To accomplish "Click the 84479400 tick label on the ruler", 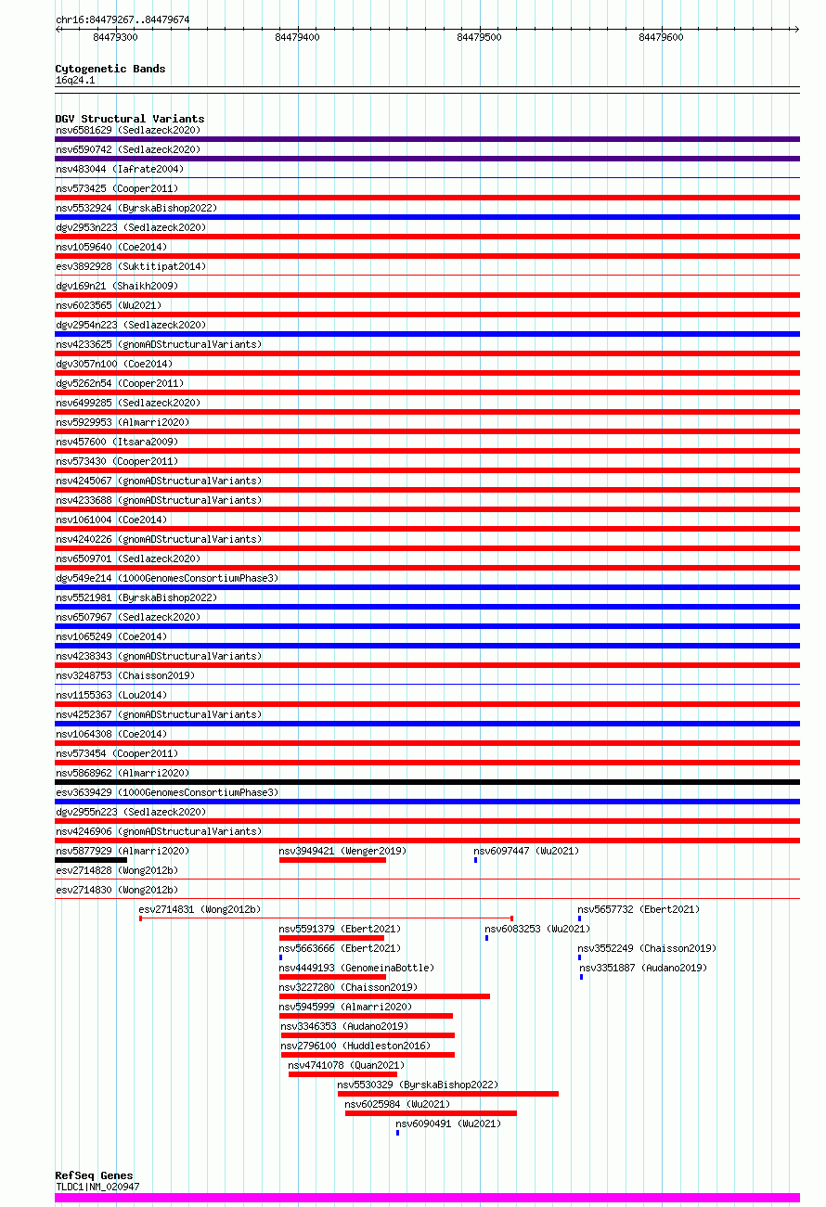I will (297, 37).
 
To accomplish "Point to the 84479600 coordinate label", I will (661, 37).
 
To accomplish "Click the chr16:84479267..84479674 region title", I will (123, 19).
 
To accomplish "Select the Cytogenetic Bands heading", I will (110, 69).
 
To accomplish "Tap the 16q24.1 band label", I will (75, 81).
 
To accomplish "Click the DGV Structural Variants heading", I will (129, 119).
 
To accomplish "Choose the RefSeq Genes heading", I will (94, 1175).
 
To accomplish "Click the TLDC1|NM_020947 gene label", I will (97, 1187).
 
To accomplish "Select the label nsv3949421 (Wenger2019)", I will (342, 851).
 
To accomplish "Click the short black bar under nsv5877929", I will (91, 860).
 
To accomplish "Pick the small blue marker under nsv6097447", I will (476, 860).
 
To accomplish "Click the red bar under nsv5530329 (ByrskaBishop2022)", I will (447, 1094).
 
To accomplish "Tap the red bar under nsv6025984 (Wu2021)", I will (431, 1113).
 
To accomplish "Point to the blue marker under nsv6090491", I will (397, 1133).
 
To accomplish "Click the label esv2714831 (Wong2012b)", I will (200, 909).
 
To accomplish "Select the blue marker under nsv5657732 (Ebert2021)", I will (579, 918).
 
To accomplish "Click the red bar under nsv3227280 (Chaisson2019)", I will (384, 996).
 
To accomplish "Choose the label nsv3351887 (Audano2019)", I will (643, 968).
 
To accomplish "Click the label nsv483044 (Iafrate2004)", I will (120, 169).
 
